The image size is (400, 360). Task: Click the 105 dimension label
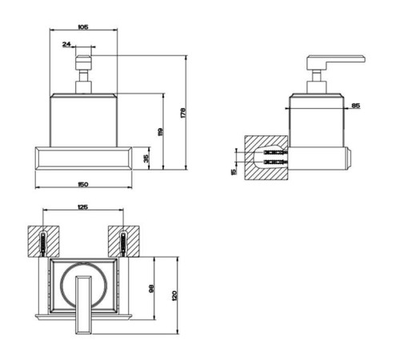(x=83, y=26)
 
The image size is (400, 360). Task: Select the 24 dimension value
(x=66, y=44)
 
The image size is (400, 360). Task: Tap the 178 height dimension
(x=183, y=113)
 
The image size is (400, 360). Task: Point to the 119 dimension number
(x=160, y=132)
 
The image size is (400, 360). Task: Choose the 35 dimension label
(x=146, y=158)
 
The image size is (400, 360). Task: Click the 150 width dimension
(x=83, y=184)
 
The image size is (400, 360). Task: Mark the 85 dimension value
(x=356, y=106)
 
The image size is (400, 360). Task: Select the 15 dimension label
(x=234, y=171)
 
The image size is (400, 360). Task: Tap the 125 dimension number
(x=82, y=207)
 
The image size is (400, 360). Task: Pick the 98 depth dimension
(x=151, y=289)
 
